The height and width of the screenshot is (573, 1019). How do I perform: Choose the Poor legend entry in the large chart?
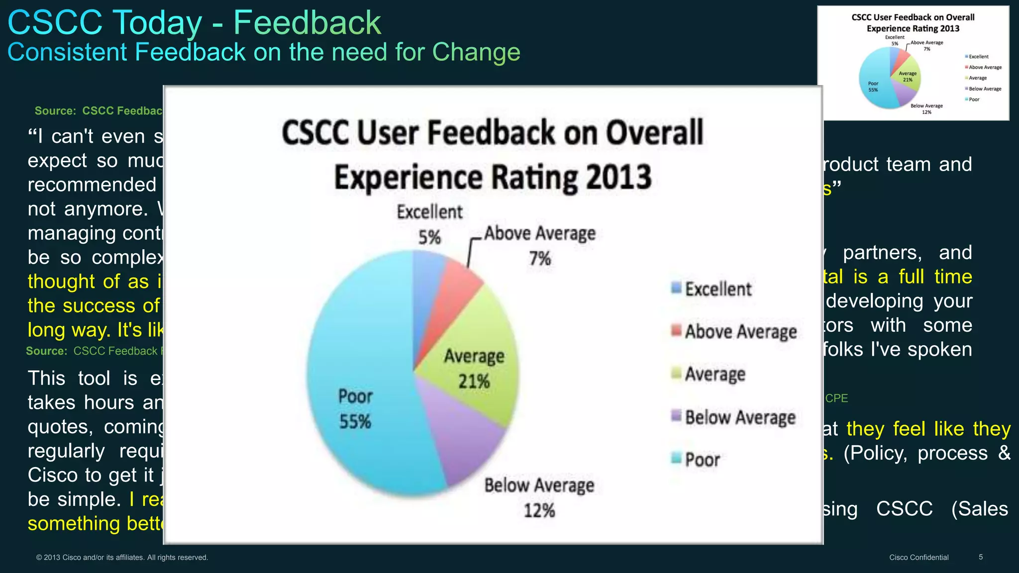click(702, 460)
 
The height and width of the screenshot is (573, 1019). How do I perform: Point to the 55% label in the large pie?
click(355, 422)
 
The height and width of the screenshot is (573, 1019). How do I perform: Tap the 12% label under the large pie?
click(539, 510)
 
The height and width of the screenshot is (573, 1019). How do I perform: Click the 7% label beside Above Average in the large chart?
click(540, 259)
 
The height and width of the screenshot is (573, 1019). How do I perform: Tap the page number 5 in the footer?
click(981, 557)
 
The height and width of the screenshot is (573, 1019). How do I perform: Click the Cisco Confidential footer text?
click(918, 558)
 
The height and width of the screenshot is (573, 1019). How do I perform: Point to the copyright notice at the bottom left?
click(122, 558)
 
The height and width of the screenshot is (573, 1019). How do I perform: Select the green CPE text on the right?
click(836, 398)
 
